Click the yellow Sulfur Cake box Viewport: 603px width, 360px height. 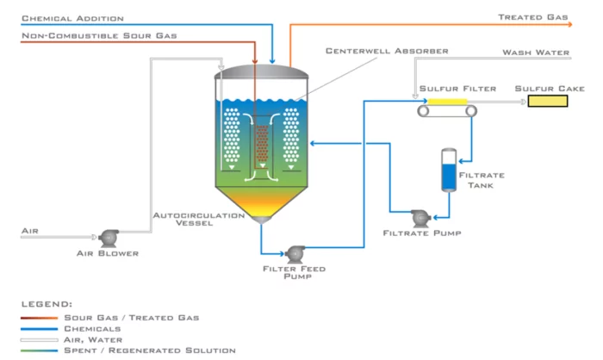547,102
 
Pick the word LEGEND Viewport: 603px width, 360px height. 47,304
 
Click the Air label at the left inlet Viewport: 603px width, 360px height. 30,231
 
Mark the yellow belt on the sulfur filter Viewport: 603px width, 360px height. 447,102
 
